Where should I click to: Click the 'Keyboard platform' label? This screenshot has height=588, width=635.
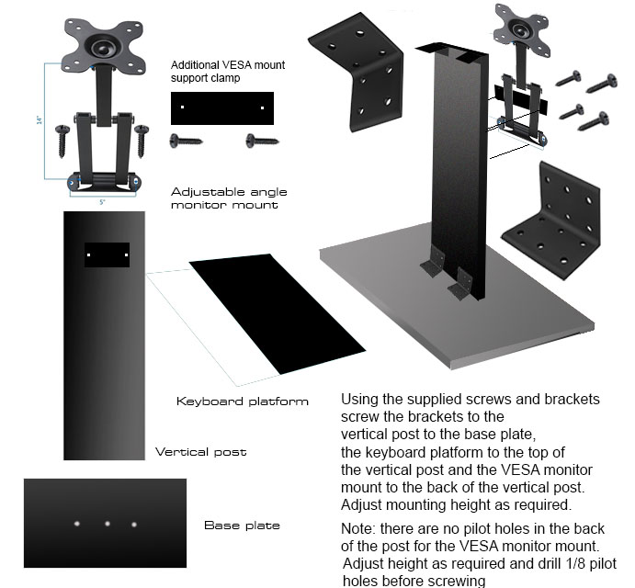point(242,401)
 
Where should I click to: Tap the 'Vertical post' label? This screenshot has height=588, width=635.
point(200,452)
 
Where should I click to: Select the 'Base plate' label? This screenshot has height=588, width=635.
point(242,526)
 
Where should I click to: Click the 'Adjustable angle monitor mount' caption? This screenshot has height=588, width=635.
point(229,198)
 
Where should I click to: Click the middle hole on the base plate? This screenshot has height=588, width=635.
point(107,524)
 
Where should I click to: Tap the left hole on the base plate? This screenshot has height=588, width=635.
point(76,523)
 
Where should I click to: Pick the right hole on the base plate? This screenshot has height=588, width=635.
point(134,525)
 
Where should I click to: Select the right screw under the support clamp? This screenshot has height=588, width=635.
point(262,141)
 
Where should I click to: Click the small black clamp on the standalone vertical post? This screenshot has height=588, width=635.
point(107,254)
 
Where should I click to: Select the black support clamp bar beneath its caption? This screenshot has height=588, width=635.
point(221,107)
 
